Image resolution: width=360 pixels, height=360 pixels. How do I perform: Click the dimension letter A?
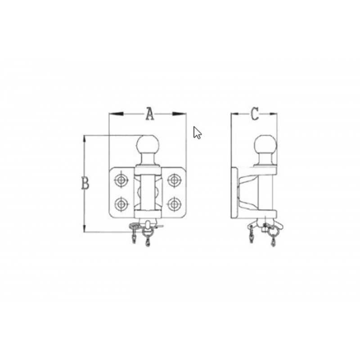coord(150,114)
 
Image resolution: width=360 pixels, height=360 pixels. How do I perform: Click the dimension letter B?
coord(85,183)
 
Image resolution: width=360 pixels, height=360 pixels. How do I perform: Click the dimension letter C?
coord(254,114)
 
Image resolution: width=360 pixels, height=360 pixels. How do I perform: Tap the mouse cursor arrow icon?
coord(197,133)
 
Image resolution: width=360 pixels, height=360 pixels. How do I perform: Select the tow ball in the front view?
coord(148,145)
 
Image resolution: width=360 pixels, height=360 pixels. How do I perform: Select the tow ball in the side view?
coord(265,145)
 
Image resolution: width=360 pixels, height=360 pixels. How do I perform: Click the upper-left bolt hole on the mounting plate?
coord(121,180)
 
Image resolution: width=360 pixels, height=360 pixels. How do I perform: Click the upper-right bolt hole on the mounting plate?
coord(174,180)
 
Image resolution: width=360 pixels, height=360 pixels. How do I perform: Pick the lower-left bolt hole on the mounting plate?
coord(121,204)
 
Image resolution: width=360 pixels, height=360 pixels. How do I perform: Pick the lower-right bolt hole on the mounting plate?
coord(174,204)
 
